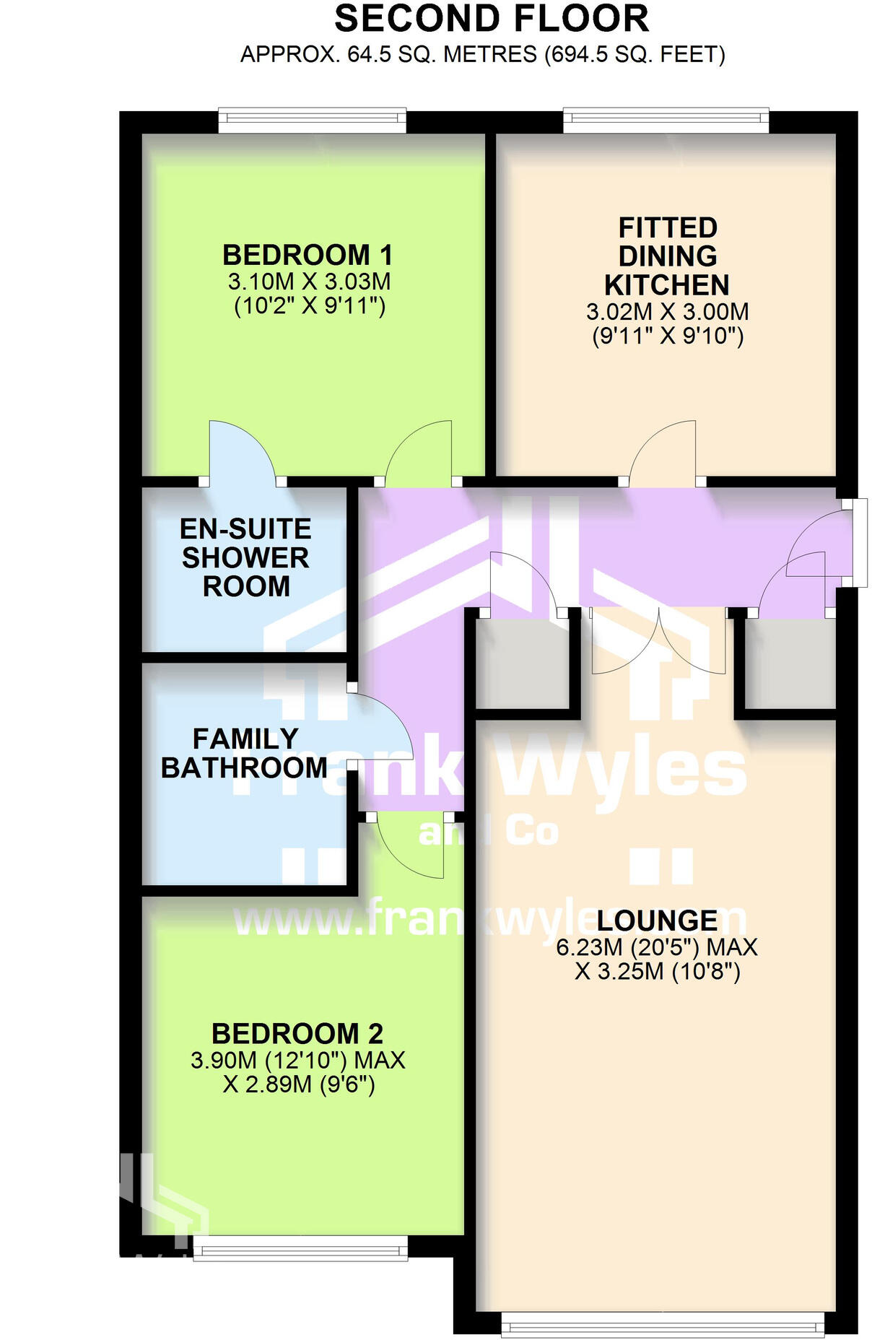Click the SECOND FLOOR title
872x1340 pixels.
pos(492,19)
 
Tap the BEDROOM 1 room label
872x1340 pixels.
pos(308,255)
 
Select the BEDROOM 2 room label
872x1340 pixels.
pos(297,1034)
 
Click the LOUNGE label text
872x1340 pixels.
pos(657,921)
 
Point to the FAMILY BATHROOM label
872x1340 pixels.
pos(244,753)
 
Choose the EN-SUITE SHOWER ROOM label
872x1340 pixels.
pos(245,557)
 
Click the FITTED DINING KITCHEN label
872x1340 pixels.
pos(667,256)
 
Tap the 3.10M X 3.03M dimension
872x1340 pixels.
pos(309,282)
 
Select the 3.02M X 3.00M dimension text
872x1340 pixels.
pos(667,312)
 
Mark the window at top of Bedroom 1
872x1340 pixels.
pos(312,121)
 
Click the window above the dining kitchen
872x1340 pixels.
pos(666,121)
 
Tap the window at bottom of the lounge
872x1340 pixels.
pos(662,1326)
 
